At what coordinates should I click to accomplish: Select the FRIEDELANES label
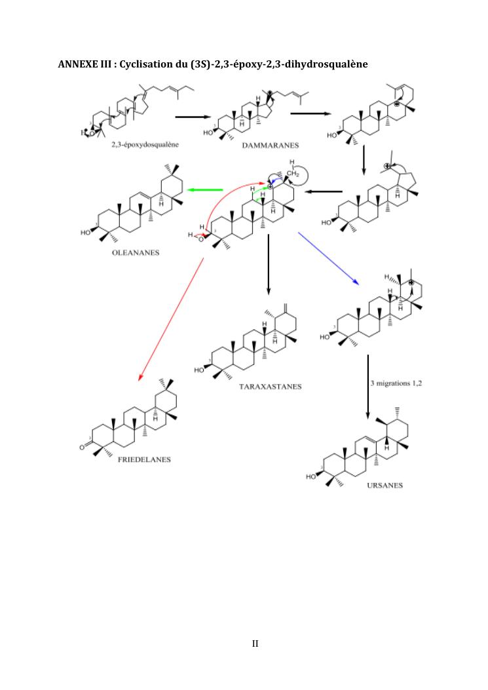[x=144, y=459]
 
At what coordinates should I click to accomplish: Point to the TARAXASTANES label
[x=271, y=387]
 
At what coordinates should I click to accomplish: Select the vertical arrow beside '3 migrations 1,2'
[x=368, y=387]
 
